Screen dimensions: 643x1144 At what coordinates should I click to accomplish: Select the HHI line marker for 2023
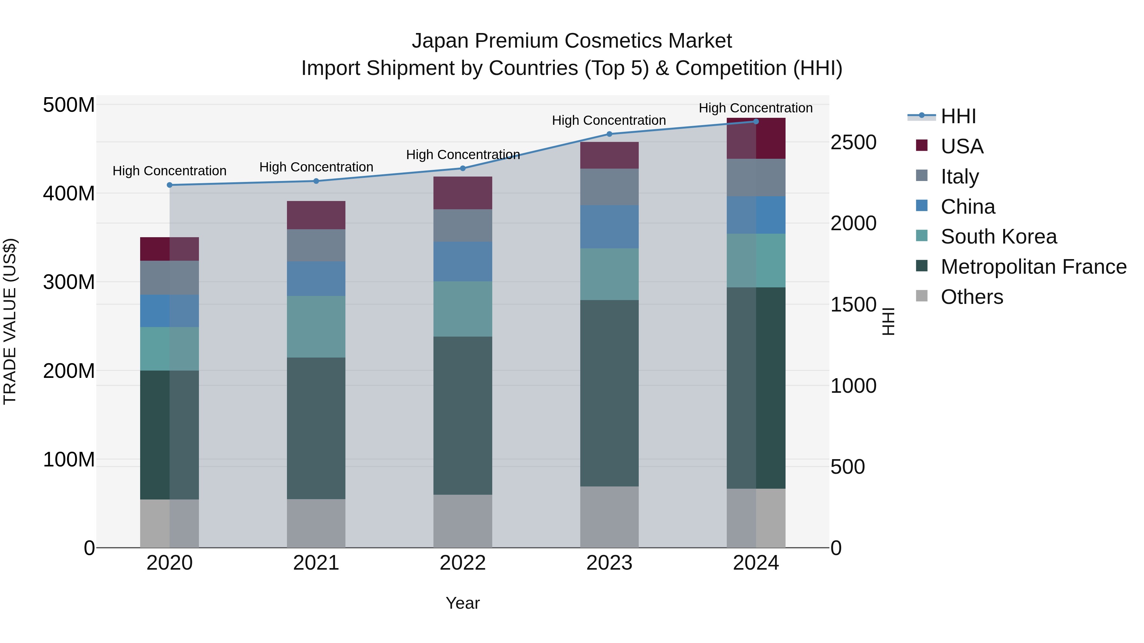(x=609, y=134)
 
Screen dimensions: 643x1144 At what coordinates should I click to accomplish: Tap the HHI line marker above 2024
(x=756, y=122)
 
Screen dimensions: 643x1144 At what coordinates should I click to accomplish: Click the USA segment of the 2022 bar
(x=462, y=193)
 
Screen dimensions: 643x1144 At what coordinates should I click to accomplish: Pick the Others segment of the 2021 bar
(x=316, y=523)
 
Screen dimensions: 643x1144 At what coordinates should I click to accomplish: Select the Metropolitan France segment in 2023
(x=609, y=393)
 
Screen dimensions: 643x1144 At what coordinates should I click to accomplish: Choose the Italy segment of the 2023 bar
(x=609, y=186)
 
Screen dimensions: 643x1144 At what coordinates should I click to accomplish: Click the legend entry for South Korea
(x=998, y=237)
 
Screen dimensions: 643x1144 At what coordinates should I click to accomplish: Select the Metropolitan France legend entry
(x=1033, y=267)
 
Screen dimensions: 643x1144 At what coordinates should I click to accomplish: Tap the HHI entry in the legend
(x=958, y=116)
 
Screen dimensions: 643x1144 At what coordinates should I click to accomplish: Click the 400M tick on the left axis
(x=69, y=193)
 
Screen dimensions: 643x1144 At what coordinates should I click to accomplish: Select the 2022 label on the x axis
(x=462, y=563)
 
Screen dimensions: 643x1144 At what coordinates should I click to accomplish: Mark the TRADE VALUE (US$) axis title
(x=10, y=321)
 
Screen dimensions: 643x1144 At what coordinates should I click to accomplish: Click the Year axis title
(x=462, y=603)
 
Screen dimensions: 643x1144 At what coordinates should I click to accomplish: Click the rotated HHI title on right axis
(x=888, y=321)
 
